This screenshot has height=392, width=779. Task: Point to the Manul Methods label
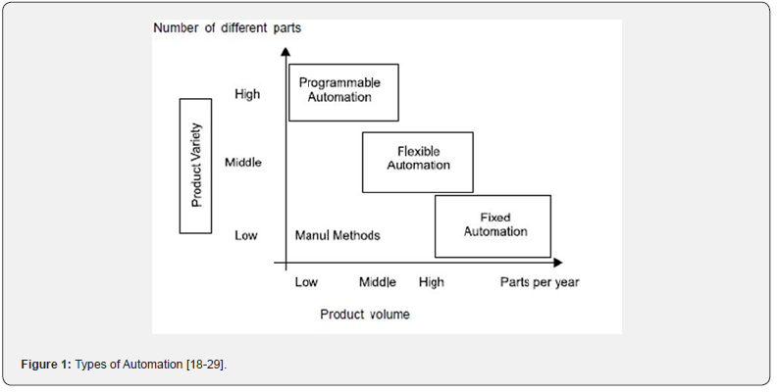click(x=338, y=235)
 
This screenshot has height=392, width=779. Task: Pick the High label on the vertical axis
click(x=247, y=94)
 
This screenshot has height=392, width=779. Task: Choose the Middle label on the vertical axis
click(x=243, y=163)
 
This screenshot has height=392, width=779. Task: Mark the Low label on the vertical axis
click(x=246, y=235)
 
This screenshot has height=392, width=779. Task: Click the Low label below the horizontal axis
click(x=306, y=282)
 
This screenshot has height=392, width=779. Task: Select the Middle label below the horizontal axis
click(x=378, y=282)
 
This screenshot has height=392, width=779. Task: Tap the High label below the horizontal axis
click(x=432, y=282)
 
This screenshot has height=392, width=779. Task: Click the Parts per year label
click(x=540, y=282)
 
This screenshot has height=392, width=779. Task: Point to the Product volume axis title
click(x=365, y=315)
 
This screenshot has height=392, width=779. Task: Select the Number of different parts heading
click(x=227, y=27)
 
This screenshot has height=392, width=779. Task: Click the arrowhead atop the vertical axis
click(x=286, y=51)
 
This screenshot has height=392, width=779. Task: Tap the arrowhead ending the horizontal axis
click(x=558, y=263)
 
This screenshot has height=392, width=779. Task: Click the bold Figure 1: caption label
click(x=47, y=365)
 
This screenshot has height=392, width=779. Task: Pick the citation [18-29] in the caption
click(x=206, y=365)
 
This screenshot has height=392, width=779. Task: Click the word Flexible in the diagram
click(x=419, y=151)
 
